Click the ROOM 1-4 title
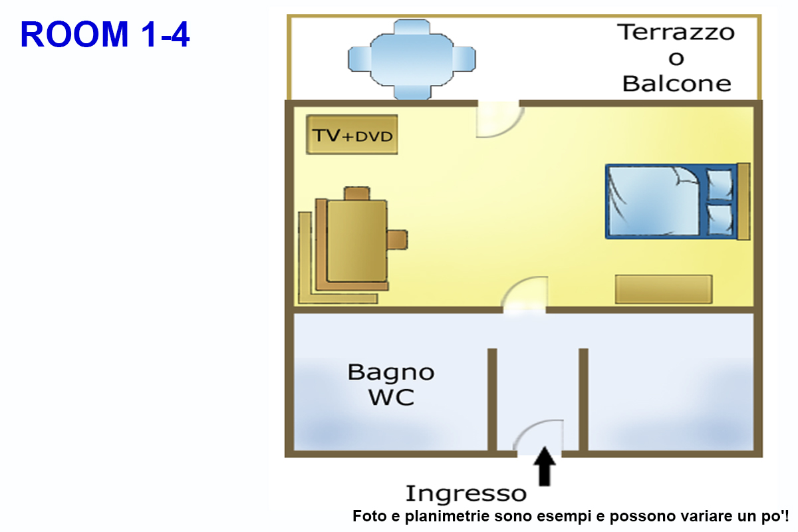(105, 35)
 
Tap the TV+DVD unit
(352, 135)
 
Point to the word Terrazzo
(676, 32)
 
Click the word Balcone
(676, 84)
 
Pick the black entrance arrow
(545, 466)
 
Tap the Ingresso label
(465, 493)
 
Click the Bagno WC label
(391, 384)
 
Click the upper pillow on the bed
(719, 184)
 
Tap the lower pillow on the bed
(719, 219)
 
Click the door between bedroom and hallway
(525, 296)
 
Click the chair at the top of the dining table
(357, 194)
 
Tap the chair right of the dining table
(397, 239)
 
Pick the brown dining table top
(358, 239)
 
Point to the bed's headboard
(744, 201)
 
